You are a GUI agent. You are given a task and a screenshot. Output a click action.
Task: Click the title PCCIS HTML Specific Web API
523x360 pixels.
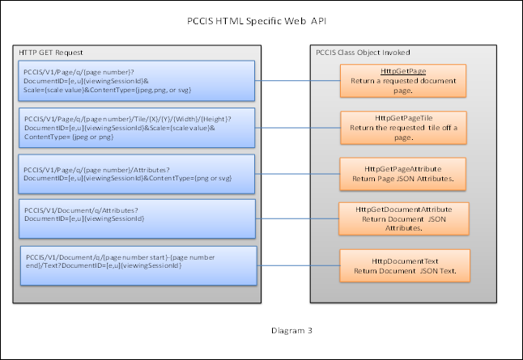(261, 20)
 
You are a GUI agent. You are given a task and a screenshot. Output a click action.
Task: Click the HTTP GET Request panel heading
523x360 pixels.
(51, 53)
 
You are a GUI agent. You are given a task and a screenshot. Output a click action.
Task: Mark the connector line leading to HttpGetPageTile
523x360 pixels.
(296, 125)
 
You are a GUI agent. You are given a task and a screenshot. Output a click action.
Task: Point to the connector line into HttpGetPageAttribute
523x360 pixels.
(296, 171)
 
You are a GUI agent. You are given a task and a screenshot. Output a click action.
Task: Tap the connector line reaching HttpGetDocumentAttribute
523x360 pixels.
(296, 218)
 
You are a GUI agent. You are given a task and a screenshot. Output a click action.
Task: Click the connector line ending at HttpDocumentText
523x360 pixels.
(296, 264)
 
